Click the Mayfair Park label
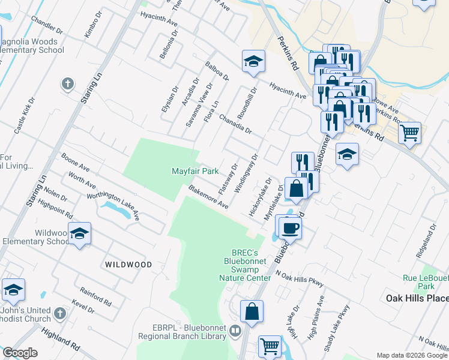195,171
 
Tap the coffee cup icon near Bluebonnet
291,227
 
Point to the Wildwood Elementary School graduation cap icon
79,234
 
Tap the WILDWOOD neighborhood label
128,264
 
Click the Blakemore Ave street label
208,197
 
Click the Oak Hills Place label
417,298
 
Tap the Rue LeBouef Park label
426,281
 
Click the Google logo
20,353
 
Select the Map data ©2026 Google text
411,355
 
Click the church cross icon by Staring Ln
68,83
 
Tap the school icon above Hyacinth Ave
253,61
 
